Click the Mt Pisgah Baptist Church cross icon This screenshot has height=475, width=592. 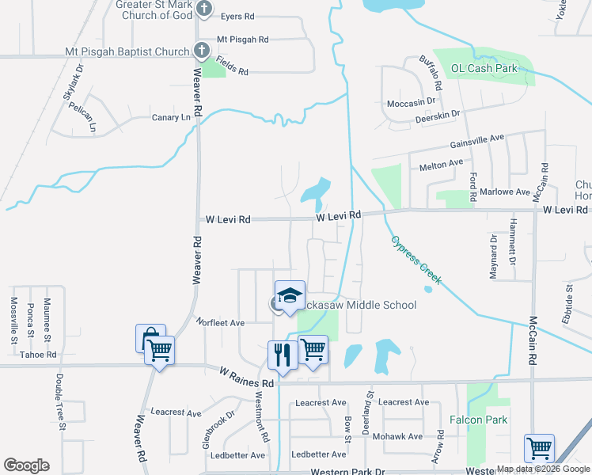[202, 52]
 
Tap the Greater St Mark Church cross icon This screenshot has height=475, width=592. [204, 9]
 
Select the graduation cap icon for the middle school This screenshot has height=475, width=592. [290, 295]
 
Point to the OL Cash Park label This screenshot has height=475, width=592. [484, 69]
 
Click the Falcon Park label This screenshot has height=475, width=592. [478, 420]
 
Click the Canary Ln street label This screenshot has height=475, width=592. [172, 118]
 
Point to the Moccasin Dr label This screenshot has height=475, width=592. [412, 103]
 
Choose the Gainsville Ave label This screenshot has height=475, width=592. [476, 139]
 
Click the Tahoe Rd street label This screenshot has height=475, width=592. [38, 355]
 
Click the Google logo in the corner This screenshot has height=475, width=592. [26, 465]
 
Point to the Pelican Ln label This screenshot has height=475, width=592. [82, 116]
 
